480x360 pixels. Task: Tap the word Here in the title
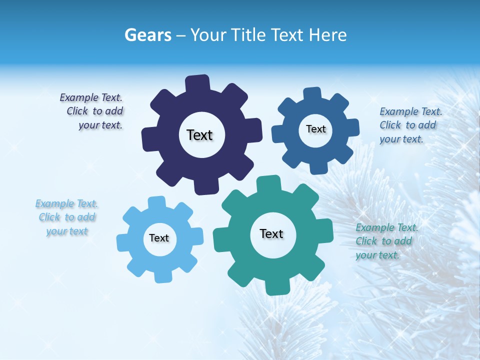coord(328,35)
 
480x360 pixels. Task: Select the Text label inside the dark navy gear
coord(199,135)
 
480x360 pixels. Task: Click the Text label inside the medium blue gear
coord(315,129)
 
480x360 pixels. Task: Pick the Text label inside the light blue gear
coord(159,238)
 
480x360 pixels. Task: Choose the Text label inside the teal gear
coord(271,233)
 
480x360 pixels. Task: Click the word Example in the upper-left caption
coord(77,97)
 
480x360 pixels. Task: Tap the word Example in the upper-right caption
coord(397,111)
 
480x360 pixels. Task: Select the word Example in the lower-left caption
coord(53,203)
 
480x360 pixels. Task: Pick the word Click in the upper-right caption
coord(390,125)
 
